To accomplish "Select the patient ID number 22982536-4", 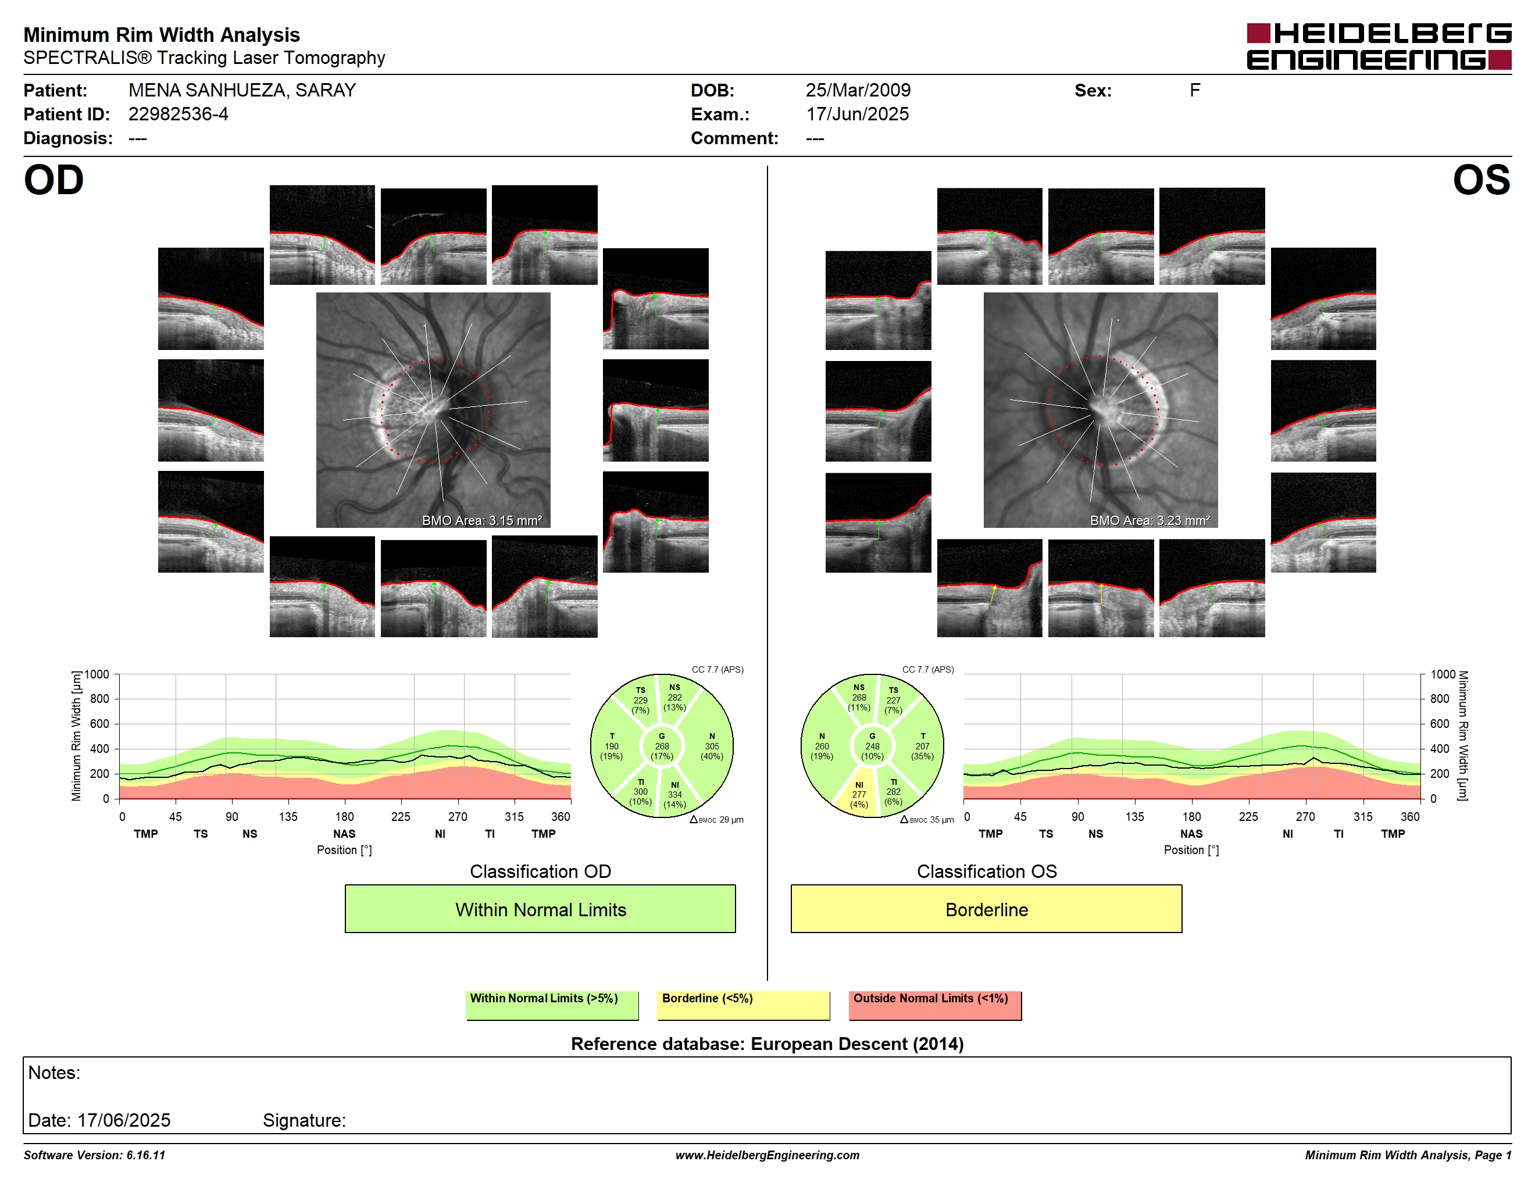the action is (x=178, y=114).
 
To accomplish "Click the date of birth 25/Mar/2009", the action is (x=858, y=90).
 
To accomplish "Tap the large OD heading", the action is (x=53, y=180).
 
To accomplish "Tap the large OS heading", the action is (x=1481, y=180).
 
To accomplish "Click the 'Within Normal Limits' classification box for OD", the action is (x=540, y=909).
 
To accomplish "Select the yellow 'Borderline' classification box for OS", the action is (x=986, y=909).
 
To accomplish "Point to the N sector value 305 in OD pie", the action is (x=712, y=746).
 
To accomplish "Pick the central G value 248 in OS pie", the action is (x=872, y=746).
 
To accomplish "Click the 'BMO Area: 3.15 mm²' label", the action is (x=482, y=521).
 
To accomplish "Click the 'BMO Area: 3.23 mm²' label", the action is (x=1150, y=521).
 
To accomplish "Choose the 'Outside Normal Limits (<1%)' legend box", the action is (x=935, y=1005).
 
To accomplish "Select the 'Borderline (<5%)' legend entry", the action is (x=707, y=998).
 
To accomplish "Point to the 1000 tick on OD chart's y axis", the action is (x=97, y=674).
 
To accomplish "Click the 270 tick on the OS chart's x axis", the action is (x=1305, y=816).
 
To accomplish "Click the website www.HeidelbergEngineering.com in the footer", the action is (x=767, y=1155).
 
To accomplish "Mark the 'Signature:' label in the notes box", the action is (x=304, y=1120).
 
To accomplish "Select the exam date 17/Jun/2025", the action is (x=858, y=114).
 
